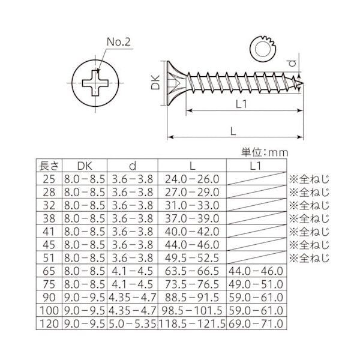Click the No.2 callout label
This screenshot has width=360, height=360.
[119, 42]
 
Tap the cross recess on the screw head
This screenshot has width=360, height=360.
[95, 83]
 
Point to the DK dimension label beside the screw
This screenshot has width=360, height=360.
[155, 83]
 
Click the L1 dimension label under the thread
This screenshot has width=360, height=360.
[242, 104]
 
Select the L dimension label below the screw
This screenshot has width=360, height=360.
[233, 131]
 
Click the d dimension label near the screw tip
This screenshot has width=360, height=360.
[292, 62]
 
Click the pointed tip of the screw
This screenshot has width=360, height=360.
[303, 83]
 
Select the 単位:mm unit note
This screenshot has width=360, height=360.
[265, 152]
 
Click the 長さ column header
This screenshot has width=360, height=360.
[49, 166]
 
